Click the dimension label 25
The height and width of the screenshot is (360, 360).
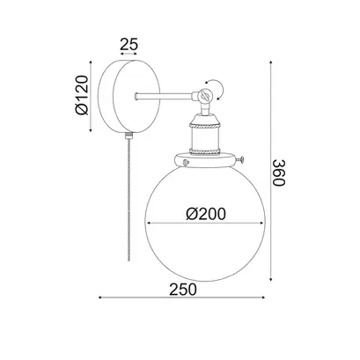tap(129, 45)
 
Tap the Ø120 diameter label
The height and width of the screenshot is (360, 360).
tap(82, 95)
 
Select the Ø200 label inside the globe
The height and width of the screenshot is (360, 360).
tap(206, 214)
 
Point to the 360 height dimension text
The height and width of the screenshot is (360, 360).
tap(279, 173)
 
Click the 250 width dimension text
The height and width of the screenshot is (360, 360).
tap(183, 290)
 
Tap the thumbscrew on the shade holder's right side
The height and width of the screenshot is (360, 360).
tap(241, 159)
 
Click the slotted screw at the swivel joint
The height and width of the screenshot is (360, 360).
tap(204, 95)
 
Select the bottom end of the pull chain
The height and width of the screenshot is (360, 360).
tap(129, 260)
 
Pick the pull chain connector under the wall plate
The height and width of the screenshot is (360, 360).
tap(129, 136)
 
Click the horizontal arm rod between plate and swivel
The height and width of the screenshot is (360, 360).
tap(165, 96)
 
